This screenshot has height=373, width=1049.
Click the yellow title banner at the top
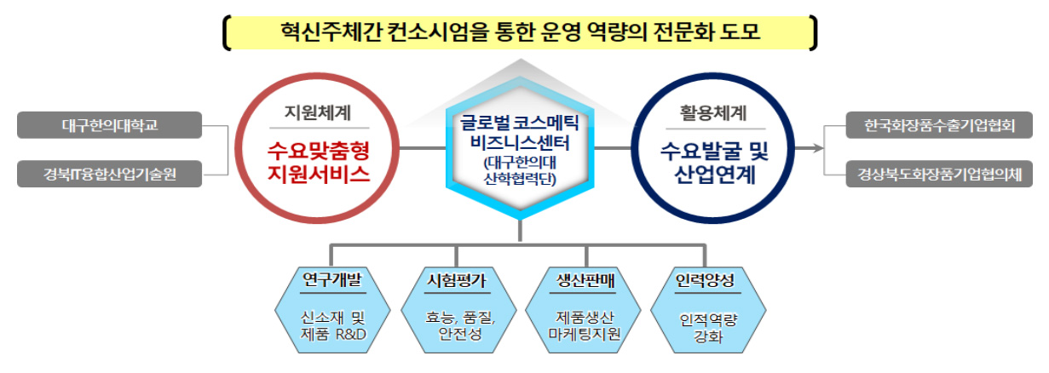[x=520, y=32]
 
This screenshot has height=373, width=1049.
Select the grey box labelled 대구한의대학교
[x=110, y=125]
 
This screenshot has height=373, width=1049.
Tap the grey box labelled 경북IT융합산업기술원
[x=110, y=174]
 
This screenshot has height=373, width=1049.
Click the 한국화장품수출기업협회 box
[x=939, y=125]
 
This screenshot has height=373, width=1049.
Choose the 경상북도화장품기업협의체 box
[x=939, y=174]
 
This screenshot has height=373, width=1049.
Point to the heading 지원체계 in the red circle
[x=318, y=112]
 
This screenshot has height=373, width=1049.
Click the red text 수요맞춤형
[x=319, y=150]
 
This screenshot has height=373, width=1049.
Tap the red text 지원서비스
[x=319, y=174]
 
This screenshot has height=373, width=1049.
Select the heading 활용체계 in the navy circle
[x=713, y=112]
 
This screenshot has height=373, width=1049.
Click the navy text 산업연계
[x=715, y=175]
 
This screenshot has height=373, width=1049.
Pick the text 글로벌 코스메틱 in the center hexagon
[x=520, y=123]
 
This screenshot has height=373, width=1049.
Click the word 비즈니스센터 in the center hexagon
[x=520, y=143]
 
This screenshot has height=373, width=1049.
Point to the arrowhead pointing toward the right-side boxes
[x=818, y=148]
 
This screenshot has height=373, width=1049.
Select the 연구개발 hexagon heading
[x=332, y=279]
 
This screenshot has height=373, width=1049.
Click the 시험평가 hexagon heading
[x=457, y=280]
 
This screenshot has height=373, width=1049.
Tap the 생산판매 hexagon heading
[x=585, y=280]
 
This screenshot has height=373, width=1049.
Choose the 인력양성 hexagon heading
[x=705, y=280]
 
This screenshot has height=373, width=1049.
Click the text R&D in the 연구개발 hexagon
[x=351, y=334]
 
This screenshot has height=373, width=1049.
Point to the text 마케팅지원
[x=584, y=334]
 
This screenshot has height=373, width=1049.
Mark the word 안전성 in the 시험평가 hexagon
[x=460, y=334]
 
